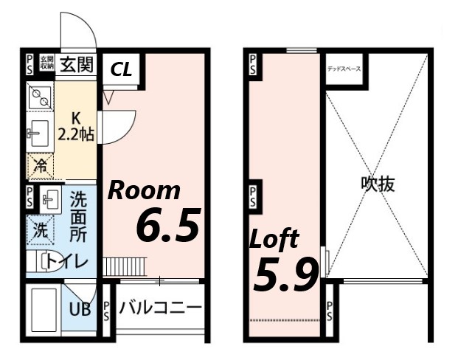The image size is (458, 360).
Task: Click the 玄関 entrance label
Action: pyautogui.click(x=77, y=64)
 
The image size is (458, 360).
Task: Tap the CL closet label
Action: pyautogui.click(x=122, y=69)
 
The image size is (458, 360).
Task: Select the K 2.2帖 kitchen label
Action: pyautogui.click(x=76, y=126)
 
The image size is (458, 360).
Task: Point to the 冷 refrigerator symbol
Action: pyautogui.click(x=39, y=164)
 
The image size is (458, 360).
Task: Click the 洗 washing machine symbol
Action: pyautogui.click(x=39, y=230)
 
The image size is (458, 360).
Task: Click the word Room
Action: pyautogui.click(x=145, y=190)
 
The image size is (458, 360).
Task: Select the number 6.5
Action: pyautogui.click(x=168, y=226)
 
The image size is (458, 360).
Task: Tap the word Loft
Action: pyautogui.click(x=274, y=239)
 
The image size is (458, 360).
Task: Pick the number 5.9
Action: pyautogui.click(x=285, y=274)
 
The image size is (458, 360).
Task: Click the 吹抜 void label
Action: pyautogui.click(x=378, y=184)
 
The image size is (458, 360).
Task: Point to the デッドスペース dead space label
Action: pyautogui.click(x=344, y=69)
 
